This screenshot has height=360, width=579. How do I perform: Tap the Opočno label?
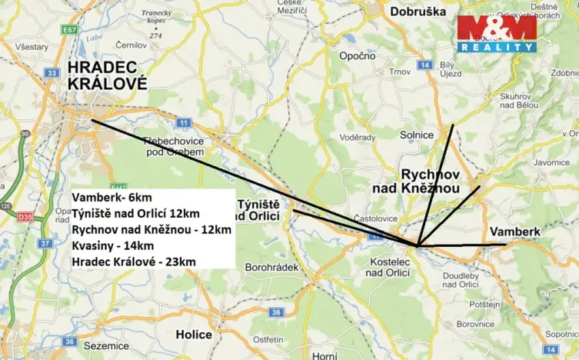tap(358, 55)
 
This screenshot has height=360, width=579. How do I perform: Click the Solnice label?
tap(417, 135)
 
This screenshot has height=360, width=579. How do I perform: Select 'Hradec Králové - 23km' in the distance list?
tap(134, 262)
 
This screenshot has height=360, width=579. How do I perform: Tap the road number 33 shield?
tap(51, 73)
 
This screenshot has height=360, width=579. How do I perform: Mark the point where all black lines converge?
tap(417, 246)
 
